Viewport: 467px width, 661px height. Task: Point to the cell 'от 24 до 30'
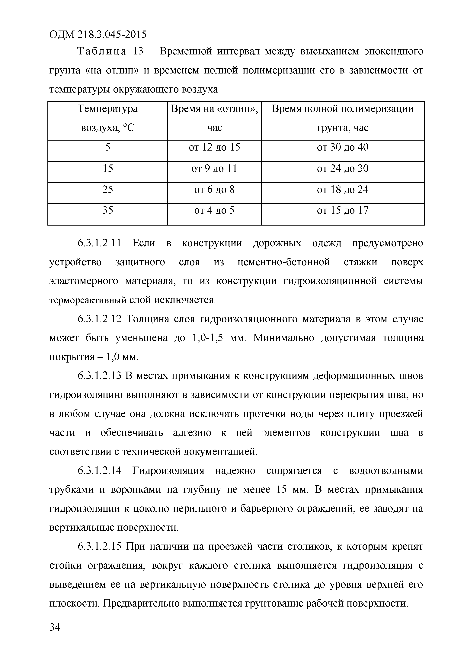[343, 169]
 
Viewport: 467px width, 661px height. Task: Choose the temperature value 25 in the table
[107, 190]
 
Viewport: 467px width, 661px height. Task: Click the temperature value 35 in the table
[107, 211]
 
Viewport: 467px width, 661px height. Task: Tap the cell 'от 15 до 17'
[343, 211]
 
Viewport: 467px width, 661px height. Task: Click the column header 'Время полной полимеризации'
[343, 109]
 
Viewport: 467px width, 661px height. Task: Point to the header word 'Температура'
[107, 109]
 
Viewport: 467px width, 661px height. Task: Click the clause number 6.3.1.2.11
[100, 244]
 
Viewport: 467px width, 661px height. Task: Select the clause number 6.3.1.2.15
[100, 547]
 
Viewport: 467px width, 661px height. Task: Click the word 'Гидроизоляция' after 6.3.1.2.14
[168, 471]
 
